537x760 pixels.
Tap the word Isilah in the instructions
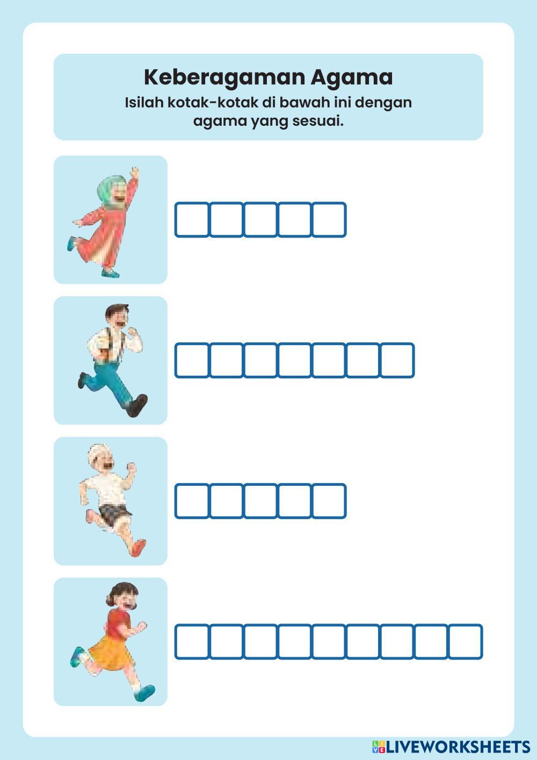[144, 102]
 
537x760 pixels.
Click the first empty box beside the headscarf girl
[192, 219]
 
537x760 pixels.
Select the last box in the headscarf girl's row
[329, 219]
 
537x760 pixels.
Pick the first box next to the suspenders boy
[192, 360]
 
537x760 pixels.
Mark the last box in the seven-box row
[397, 360]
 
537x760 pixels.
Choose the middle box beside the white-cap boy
[260, 501]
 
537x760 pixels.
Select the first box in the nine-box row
[192, 642]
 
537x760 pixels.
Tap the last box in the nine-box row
[466, 642]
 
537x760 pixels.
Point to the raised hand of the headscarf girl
[135, 173]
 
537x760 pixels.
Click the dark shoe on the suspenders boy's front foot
[137, 406]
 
